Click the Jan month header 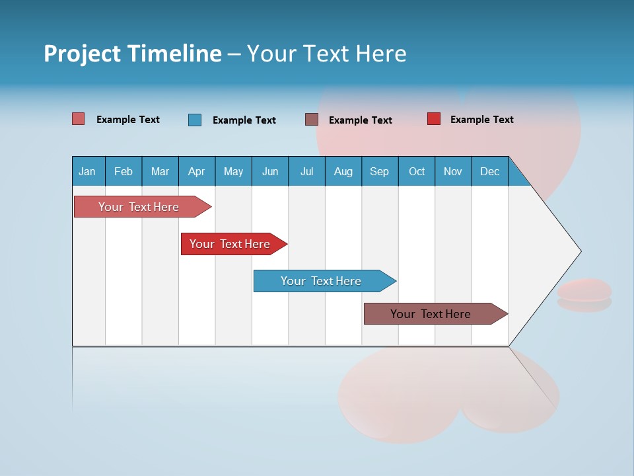(x=88, y=171)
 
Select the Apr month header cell (x=197, y=171)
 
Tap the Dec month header (x=489, y=171)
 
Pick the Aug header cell (x=343, y=171)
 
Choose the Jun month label (x=270, y=171)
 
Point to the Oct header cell (x=416, y=171)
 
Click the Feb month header (x=123, y=171)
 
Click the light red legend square (x=79, y=119)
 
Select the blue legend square (x=195, y=120)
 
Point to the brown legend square (x=312, y=120)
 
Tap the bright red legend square (x=434, y=119)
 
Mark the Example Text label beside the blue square (x=244, y=120)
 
